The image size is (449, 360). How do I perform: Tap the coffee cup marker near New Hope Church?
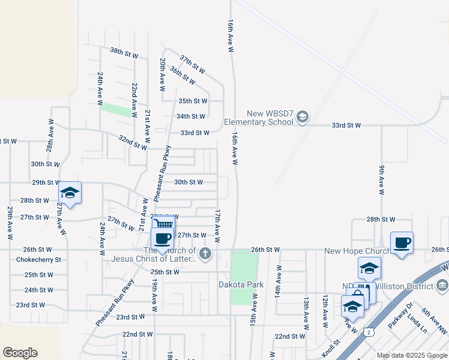[x=402, y=243]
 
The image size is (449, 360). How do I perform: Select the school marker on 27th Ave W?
[x=70, y=193]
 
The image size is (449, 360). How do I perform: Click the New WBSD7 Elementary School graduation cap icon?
[x=302, y=116]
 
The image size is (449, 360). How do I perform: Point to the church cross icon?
[x=205, y=254]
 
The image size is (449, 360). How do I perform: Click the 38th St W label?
[x=124, y=53]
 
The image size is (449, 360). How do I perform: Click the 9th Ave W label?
[x=381, y=180]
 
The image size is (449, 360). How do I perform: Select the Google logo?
[x=20, y=353]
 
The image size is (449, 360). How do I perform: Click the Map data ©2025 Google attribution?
[x=412, y=355]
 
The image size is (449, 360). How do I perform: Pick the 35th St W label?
[x=193, y=101]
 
